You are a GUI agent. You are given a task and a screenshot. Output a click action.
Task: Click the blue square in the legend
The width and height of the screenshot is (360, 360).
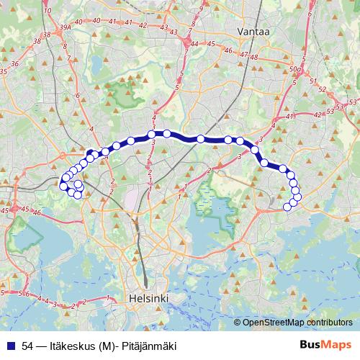click(x=9, y=346)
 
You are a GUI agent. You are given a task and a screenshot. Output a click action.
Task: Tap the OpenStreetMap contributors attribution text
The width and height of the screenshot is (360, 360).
click(x=297, y=323)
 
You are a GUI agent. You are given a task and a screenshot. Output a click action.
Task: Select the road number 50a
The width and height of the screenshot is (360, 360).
click(x=293, y=69)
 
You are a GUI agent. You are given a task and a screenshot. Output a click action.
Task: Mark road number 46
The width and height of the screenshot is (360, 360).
click(x=228, y=50)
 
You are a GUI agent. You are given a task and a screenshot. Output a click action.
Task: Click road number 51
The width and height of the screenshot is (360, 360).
click(x=312, y=80)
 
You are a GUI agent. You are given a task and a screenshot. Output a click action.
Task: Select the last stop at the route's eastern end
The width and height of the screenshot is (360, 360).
click(x=287, y=207)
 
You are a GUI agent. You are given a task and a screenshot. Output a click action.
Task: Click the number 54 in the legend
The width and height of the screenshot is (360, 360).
click(x=27, y=346)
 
